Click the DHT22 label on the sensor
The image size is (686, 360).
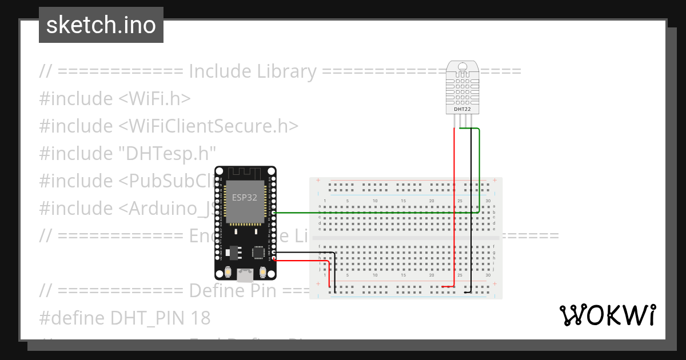click(x=462, y=108)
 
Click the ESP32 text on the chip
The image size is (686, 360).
click(x=244, y=198)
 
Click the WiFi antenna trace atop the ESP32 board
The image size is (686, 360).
click(x=244, y=172)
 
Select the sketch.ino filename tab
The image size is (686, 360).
click(x=101, y=25)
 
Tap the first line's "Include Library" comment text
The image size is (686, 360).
click(x=252, y=71)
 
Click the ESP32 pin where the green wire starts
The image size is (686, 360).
click(x=274, y=213)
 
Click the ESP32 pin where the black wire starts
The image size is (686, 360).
click(x=274, y=252)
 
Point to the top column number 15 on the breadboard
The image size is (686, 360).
click(x=404, y=201)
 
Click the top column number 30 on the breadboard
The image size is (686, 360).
click(x=487, y=201)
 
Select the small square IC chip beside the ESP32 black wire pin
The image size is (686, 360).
click(x=259, y=252)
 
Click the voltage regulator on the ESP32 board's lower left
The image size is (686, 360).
click(x=233, y=252)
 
